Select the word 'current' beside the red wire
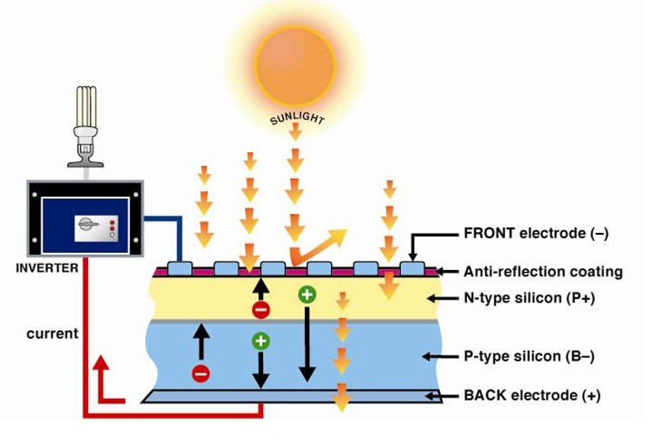coord(53,334)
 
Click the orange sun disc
coord(295,63)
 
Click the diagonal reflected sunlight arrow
coord(317,247)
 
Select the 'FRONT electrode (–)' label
coord(535,233)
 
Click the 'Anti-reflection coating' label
coord(542,271)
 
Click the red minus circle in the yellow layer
coord(260,311)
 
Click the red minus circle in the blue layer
coord(200,372)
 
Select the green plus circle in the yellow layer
coord(307,295)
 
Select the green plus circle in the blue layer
coord(261,341)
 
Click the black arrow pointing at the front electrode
coord(413,245)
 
